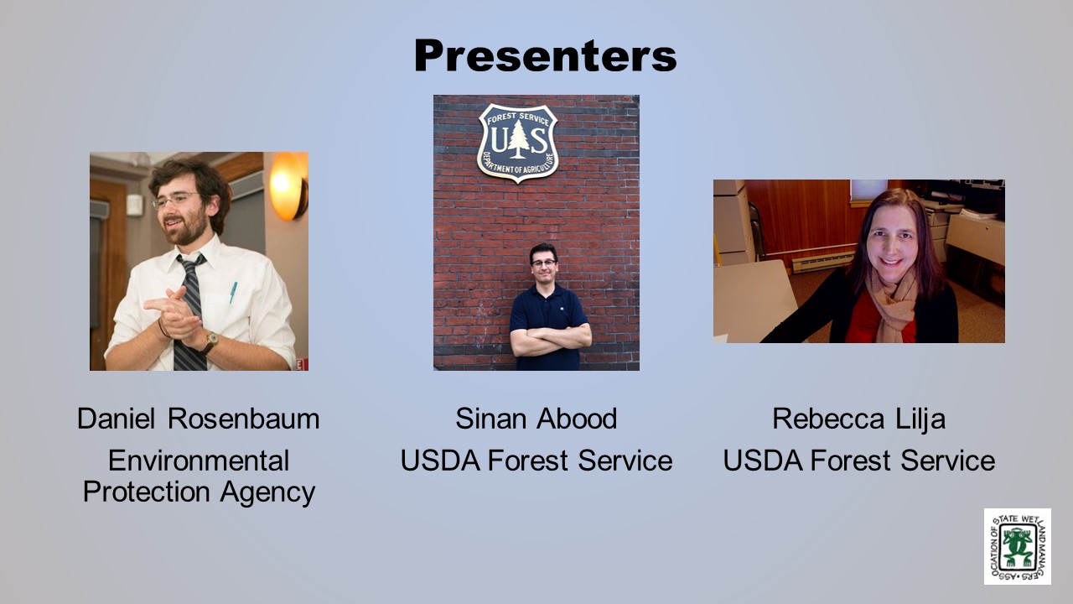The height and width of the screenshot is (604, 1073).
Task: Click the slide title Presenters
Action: click(x=545, y=55)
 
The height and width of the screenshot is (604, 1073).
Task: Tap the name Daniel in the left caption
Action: click(x=116, y=419)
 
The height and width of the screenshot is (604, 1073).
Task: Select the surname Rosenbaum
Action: click(x=243, y=419)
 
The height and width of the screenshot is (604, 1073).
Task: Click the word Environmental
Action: click(x=199, y=461)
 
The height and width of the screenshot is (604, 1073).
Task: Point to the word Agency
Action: click(x=267, y=492)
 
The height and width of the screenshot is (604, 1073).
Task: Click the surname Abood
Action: click(x=577, y=419)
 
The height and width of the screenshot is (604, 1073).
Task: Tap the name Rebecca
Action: click(x=828, y=419)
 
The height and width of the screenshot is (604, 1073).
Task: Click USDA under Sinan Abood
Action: click(x=440, y=461)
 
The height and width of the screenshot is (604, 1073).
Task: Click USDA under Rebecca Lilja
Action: click(x=763, y=461)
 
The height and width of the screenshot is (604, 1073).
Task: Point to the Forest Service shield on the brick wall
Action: click(x=518, y=143)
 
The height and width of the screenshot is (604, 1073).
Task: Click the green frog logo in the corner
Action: click(x=1018, y=546)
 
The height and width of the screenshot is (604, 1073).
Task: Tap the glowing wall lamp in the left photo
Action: click(x=287, y=185)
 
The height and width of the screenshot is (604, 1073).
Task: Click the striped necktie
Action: click(x=190, y=311)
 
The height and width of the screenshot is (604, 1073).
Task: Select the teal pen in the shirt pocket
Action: click(x=233, y=292)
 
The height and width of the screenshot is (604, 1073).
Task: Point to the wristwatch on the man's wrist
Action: click(x=210, y=341)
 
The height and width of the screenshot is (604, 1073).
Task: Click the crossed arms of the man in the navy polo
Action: click(x=551, y=338)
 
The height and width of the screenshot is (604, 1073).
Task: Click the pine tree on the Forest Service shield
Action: click(x=518, y=138)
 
